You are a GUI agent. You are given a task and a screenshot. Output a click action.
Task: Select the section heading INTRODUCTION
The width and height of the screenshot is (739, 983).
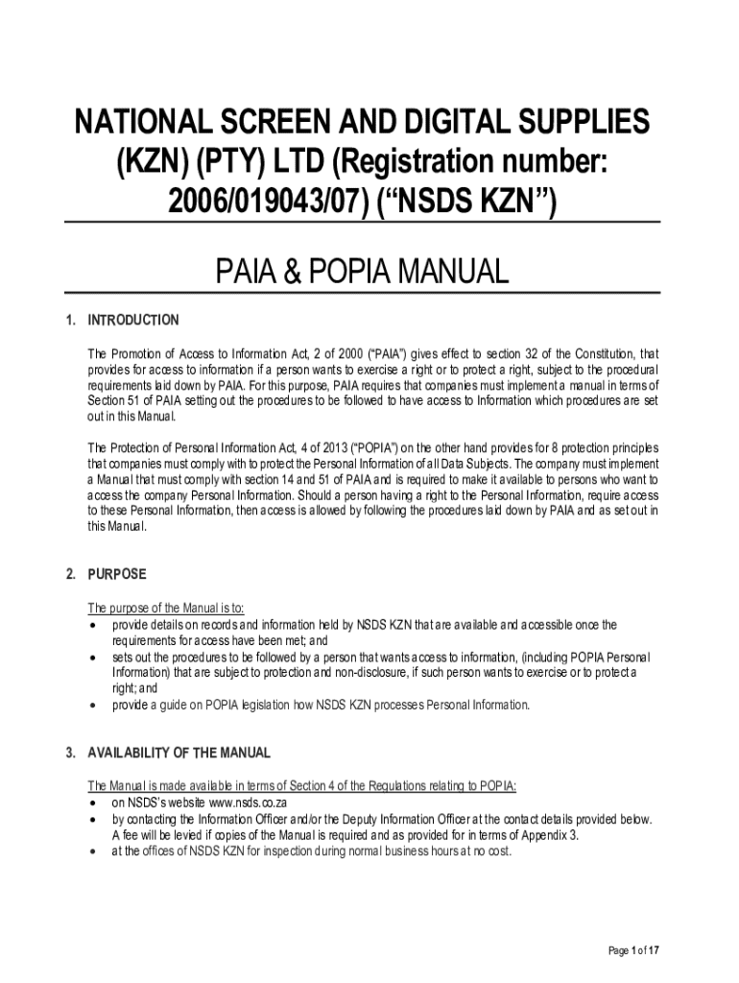[x=132, y=320]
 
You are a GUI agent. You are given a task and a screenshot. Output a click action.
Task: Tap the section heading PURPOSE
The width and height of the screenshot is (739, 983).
[x=117, y=574]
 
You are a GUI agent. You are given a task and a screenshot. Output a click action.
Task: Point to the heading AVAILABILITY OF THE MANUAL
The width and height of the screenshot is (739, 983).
[x=179, y=753]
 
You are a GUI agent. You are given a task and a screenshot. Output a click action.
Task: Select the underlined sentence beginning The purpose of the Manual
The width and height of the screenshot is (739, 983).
[x=166, y=608]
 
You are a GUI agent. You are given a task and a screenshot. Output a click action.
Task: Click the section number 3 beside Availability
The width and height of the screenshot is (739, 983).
[x=70, y=753]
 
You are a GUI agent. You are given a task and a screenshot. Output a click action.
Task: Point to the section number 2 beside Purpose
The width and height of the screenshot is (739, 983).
[x=70, y=574]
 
